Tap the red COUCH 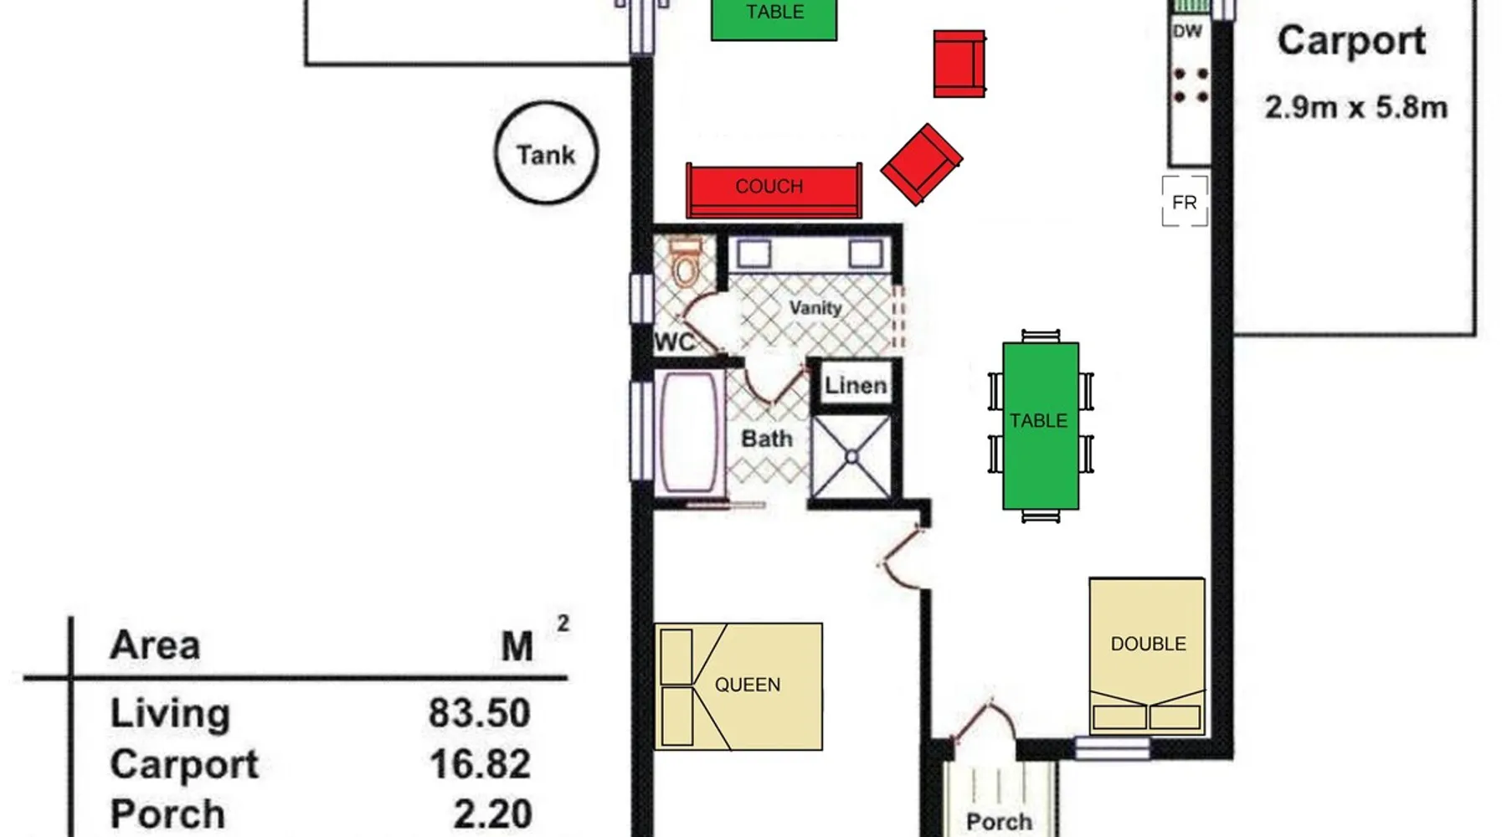click(774, 191)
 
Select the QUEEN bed click(738, 686)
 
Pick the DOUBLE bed click(1147, 656)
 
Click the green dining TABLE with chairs click(1041, 425)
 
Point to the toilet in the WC click(686, 264)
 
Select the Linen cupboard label click(855, 385)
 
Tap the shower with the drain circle click(851, 457)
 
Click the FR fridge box click(1185, 202)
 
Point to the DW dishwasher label click(1187, 32)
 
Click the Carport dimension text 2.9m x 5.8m click(1355, 108)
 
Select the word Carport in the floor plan click(1351, 41)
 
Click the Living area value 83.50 click(480, 713)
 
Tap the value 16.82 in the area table click(480, 763)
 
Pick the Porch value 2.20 click(492, 814)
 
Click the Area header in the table click(155, 645)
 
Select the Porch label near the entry click(998, 822)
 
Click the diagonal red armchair click(921, 164)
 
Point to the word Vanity click(815, 308)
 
